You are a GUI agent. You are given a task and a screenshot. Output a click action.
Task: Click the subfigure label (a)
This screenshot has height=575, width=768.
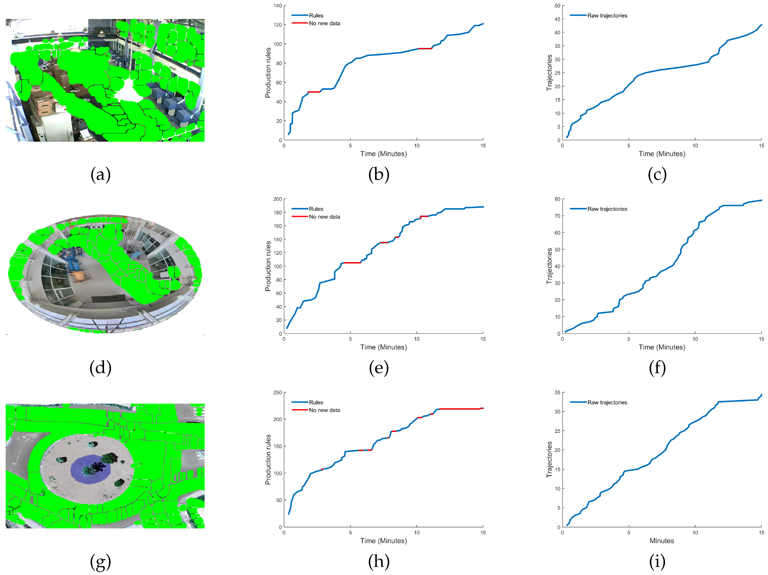click(100, 175)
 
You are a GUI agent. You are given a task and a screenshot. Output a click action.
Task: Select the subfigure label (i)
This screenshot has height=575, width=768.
click(657, 562)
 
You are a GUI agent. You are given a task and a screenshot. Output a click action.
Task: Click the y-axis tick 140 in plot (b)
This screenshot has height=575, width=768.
click(278, 6)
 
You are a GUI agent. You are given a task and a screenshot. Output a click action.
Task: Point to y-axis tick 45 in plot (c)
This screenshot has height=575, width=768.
click(557, 19)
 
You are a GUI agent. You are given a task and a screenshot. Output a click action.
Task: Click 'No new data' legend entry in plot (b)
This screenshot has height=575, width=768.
click(324, 23)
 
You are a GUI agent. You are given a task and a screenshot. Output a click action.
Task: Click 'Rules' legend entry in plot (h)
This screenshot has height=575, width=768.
click(316, 402)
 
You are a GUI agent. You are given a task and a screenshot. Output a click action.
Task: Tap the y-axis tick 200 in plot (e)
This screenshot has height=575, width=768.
click(278, 199)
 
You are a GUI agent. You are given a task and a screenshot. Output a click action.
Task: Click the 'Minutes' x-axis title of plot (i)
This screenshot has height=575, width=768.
click(662, 541)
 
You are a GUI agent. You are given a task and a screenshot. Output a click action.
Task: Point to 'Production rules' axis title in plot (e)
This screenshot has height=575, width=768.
click(268, 266)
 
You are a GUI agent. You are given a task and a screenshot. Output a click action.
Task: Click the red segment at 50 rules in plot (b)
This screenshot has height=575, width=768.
click(314, 92)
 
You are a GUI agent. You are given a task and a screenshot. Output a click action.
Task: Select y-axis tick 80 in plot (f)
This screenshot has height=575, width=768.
click(557, 199)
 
